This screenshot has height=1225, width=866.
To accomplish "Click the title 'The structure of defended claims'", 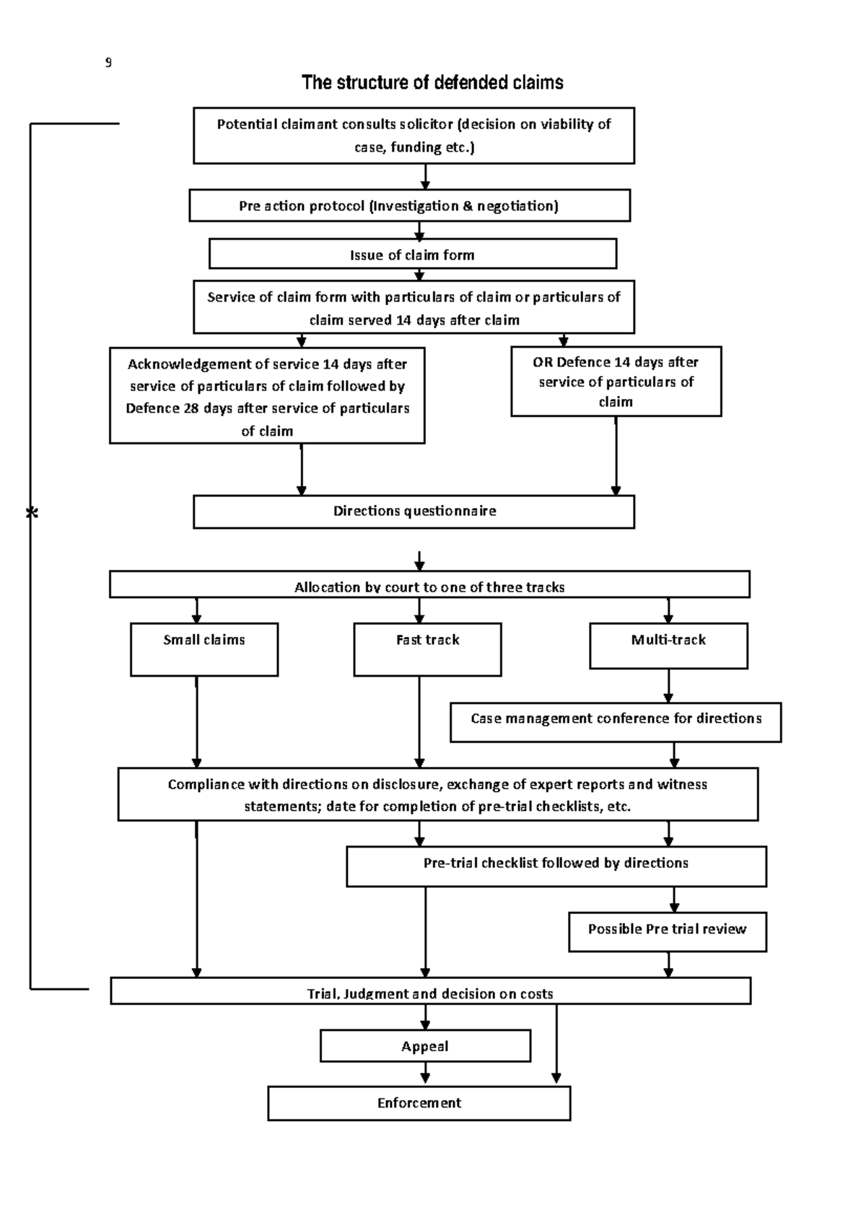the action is tap(432, 82).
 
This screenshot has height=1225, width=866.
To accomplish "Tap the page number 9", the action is tap(108, 62).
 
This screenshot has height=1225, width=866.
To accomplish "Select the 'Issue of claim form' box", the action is tap(413, 254).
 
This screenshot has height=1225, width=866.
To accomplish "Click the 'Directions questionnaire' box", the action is tap(414, 512).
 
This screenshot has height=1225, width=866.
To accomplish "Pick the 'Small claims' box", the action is tap(204, 649).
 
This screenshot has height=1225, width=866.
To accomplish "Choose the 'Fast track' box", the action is tap(427, 649).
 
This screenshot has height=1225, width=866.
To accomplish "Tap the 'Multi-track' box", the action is tap(668, 645).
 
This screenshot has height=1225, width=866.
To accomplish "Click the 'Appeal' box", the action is tap(425, 1045).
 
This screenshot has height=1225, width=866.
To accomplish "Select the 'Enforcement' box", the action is tap(419, 1103).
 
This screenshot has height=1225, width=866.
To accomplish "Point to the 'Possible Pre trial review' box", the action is tap(668, 931).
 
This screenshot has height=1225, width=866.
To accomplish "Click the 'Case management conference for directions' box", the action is tap(616, 722).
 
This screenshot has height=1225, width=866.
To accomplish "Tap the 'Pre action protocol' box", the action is tap(410, 206).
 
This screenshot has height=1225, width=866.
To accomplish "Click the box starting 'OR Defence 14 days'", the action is tap(616, 381).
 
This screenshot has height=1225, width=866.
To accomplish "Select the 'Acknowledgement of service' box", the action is tap(267, 395).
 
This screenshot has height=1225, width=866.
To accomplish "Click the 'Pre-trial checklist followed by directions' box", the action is tap(556, 866).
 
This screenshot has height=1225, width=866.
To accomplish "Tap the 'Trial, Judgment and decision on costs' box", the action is tap(431, 991).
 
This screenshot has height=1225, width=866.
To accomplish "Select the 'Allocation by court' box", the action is tap(429, 584).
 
